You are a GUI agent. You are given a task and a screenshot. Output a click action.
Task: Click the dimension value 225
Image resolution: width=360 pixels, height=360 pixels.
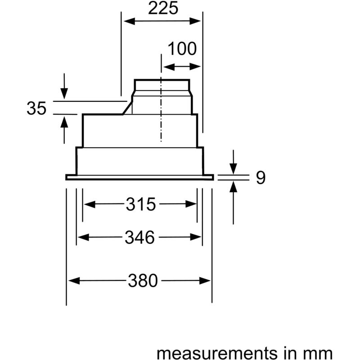pyautogui.click(x=163, y=8)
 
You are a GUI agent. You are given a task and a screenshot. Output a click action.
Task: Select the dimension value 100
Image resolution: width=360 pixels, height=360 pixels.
pyautogui.click(x=182, y=49)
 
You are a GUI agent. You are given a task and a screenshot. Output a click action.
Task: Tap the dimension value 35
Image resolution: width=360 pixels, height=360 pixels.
pyautogui.click(x=36, y=108)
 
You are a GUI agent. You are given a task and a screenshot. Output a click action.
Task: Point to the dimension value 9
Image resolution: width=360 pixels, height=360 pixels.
pyautogui.click(x=261, y=177)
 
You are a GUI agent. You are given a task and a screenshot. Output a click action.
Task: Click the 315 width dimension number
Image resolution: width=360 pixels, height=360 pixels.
pyautogui.click(x=141, y=204)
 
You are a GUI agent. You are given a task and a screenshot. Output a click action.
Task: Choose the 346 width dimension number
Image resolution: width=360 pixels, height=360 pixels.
pyautogui.click(x=139, y=238)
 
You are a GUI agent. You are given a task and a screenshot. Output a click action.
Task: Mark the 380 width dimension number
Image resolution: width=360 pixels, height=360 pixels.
pyautogui.click(x=143, y=280)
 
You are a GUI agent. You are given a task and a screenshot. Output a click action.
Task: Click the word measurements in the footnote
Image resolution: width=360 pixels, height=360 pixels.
pyautogui.click(x=217, y=353)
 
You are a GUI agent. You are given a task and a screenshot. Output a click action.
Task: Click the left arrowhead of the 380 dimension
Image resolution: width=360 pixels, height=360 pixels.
pyautogui.click(x=74, y=280)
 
